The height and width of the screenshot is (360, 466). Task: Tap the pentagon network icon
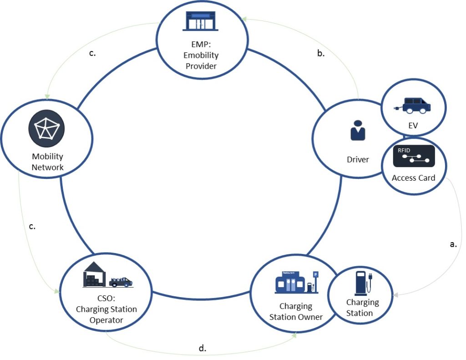tap(46, 128)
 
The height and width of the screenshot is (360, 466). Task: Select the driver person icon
tap(358, 131)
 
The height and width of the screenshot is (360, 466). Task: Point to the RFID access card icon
tap(414, 156)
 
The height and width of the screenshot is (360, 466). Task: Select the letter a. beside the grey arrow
tap(453, 244)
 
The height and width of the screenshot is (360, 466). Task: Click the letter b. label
tap(320, 53)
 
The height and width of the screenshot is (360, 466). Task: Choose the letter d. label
tap(203, 348)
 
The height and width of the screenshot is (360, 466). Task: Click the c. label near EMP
tap(92, 53)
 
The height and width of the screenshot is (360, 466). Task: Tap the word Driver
tap(358, 159)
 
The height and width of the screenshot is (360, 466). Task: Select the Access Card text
tap(413, 177)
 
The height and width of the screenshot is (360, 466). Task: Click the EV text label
tap(413, 126)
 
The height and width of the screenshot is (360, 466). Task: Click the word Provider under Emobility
tap(201, 66)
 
